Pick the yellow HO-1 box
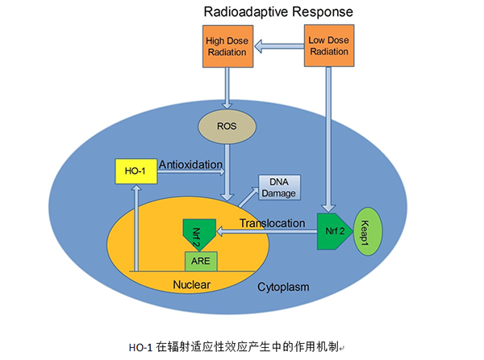tap(136, 170)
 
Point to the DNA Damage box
tap(279, 187)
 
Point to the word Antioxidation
tap(191, 165)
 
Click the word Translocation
tap(273, 223)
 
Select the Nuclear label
tap(191, 284)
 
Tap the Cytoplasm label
tap(283, 287)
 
